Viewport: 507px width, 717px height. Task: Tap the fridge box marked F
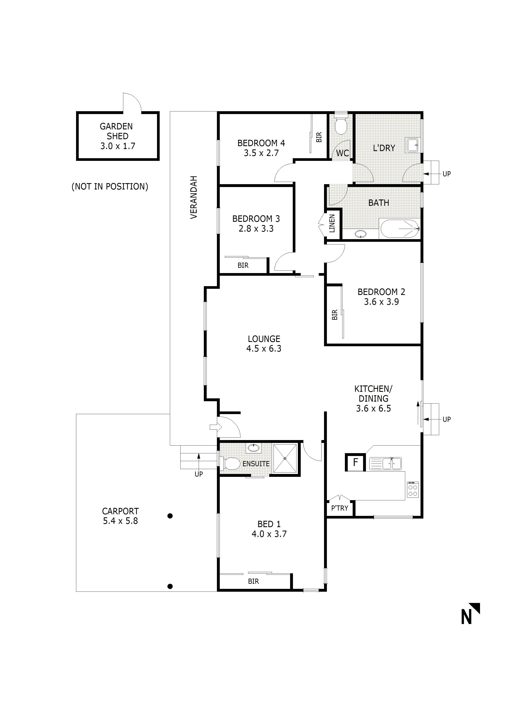click(355, 462)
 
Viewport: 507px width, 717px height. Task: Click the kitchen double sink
click(386, 463)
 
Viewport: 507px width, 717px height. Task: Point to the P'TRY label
click(340, 508)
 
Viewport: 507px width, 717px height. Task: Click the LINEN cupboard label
click(332, 223)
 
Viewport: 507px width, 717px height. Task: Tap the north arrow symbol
click(470, 613)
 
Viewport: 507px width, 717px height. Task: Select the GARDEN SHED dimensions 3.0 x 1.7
click(118, 146)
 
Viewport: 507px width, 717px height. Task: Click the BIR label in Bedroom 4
click(319, 137)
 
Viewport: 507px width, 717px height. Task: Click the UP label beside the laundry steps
click(446, 174)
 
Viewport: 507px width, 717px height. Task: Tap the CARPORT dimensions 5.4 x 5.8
click(120, 521)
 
